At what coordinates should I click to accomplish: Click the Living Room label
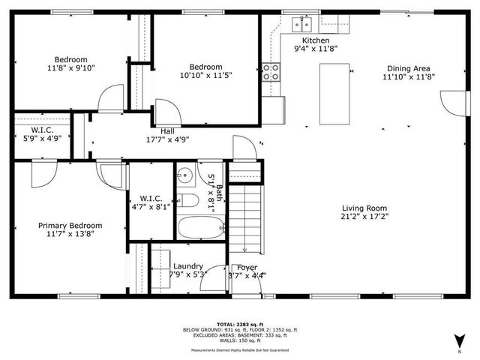click(x=364, y=208)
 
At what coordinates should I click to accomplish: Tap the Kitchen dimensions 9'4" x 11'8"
click(x=315, y=49)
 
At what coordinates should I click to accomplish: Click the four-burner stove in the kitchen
click(x=270, y=72)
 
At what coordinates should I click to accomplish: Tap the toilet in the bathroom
click(x=187, y=200)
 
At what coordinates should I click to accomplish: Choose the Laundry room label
click(x=187, y=266)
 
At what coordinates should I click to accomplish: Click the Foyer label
click(x=247, y=267)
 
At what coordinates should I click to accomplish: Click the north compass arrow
click(x=459, y=343)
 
